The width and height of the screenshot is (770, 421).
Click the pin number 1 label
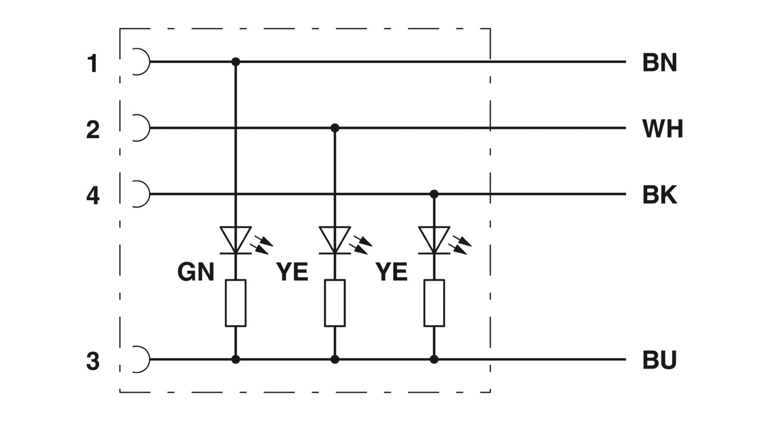click(x=92, y=64)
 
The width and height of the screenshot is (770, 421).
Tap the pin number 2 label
click(x=92, y=129)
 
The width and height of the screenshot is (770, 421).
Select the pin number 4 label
click(x=92, y=196)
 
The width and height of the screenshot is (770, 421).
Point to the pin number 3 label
click(x=92, y=361)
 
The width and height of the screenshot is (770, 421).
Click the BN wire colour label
click(x=660, y=63)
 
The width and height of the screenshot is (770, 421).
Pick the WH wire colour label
click(x=663, y=128)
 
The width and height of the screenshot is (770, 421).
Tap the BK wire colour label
click(x=660, y=195)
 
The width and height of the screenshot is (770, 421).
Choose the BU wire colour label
click(x=660, y=360)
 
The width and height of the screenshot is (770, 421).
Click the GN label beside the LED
click(x=196, y=272)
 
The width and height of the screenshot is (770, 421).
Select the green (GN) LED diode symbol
click(x=236, y=240)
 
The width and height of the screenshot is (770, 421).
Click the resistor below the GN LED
click(x=236, y=303)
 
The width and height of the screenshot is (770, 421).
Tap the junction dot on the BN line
click(x=236, y=62)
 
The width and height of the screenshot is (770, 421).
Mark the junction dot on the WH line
click(x=335, y=128)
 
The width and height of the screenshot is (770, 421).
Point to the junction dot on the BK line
click(x=434, y=194)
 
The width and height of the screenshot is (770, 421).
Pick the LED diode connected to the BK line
click(x=434, y=240)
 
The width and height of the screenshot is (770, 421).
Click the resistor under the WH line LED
click(x=335, y=303)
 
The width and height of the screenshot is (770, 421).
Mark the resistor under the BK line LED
click(x=434, y=303)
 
